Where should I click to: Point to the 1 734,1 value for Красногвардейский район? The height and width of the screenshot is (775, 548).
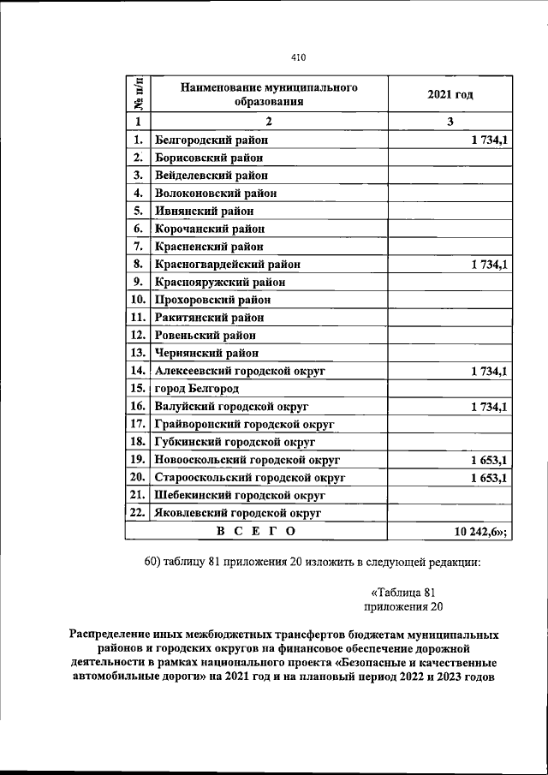[488, 265]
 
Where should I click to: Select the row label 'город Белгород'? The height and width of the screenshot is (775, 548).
[200, 388]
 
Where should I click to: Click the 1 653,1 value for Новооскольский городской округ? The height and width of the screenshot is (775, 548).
[488, 459]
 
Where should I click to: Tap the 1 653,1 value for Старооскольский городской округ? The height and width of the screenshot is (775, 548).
[488, 477]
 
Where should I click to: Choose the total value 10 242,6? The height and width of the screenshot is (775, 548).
[479, 532]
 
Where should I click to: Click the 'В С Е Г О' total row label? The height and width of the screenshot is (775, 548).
[256, 532]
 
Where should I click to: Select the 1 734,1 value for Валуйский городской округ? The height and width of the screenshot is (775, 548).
[488, 406]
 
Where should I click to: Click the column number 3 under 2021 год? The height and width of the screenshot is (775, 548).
[450, 122]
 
